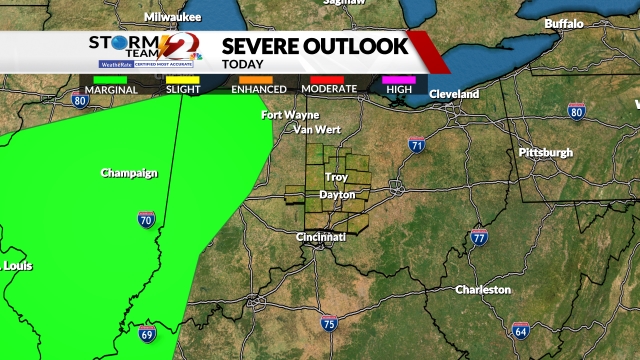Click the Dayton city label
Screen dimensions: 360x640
click(337, 194)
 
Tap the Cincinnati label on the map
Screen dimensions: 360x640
click(320, 237)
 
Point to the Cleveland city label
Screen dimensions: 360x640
click(454, 94)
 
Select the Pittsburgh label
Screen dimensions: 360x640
click(545, 152)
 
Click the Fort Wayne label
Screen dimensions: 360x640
click(290, 115)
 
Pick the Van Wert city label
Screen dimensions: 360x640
click(316, 130)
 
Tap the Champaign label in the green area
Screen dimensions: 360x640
click(129, 173)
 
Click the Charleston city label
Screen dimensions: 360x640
click(483, 290)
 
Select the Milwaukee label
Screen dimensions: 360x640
click(172, 17)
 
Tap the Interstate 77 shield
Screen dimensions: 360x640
click(479, 238)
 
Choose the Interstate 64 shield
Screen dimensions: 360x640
click(520, 330)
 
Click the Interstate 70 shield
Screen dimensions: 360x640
click(146, 219)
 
